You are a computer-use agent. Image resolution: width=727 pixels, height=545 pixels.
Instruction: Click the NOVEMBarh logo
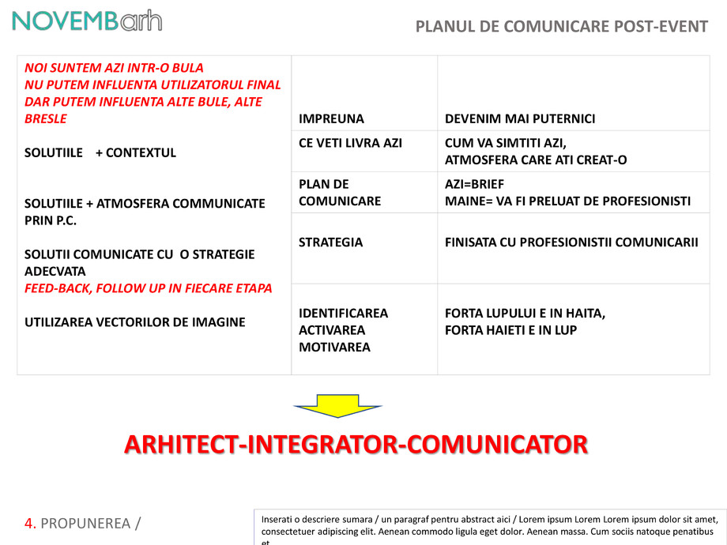click(x=87, y=21)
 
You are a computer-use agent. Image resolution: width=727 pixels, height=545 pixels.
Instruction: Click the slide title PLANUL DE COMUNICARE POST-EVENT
click(x=561, y=27)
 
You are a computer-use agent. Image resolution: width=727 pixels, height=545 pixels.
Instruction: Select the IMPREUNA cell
click(x=332, y=119)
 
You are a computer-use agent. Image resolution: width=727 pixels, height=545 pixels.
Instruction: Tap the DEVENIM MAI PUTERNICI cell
click(x=520, y=119)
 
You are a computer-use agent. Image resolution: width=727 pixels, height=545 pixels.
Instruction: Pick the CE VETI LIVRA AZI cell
click(x=351, y=143)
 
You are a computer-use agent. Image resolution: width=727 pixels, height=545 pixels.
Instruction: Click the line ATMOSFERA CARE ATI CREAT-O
click(x=536, y=160)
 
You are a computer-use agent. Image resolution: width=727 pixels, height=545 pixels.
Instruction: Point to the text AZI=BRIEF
click(x=474, y=184)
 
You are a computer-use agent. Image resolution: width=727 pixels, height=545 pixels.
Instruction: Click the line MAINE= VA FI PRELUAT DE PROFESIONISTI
click(x=567, y=201)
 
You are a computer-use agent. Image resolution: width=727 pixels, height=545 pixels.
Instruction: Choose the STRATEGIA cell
click(x=331, y=242)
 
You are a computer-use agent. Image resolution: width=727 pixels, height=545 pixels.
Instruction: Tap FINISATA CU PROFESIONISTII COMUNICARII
click(x=571, y=242)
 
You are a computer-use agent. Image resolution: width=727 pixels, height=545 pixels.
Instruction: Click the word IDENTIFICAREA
click(x=344, y=313)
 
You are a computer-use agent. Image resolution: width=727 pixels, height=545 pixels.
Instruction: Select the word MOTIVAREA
click(x=334, y=348)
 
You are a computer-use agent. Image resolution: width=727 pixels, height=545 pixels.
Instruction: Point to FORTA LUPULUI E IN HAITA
click(x=525, y=314)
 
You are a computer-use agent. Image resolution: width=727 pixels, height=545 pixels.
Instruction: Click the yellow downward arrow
click(x=337, y=405)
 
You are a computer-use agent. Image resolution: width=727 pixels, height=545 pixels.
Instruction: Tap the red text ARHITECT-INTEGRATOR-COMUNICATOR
click(x=356, y=445)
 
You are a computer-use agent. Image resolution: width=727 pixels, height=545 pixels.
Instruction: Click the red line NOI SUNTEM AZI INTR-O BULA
click(x=114, y=68)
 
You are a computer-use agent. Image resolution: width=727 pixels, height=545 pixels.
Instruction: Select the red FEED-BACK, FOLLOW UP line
click(x=148, y=288)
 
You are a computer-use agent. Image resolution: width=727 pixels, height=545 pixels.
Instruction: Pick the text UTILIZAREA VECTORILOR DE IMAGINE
click(x=134, y=322)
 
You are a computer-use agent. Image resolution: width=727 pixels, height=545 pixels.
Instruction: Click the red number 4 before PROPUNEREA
click(x=30, y=523)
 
